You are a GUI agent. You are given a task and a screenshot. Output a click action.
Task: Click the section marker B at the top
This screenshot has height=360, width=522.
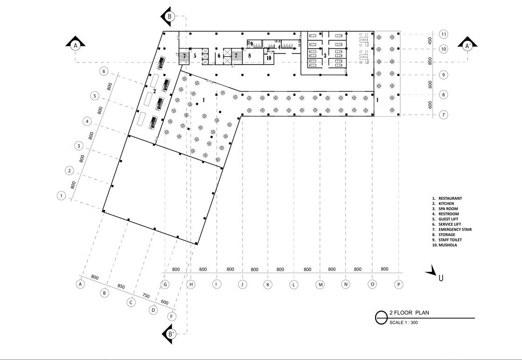pos(169,17)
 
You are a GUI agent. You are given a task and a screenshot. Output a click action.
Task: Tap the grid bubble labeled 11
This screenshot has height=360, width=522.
pos(444,34)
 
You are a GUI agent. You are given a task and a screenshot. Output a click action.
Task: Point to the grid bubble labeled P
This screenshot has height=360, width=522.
pos(398,284)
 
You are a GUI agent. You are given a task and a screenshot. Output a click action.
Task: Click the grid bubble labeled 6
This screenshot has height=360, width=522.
pos(104,71)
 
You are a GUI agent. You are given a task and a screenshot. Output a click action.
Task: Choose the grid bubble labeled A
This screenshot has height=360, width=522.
pos(81,284)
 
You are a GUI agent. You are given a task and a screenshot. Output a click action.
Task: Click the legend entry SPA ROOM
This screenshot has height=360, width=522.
pos(448,209)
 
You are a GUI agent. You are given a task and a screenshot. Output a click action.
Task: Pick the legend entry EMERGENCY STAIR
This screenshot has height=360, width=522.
pos(455,229)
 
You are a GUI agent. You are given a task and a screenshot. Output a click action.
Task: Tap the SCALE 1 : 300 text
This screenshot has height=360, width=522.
pos(404,322)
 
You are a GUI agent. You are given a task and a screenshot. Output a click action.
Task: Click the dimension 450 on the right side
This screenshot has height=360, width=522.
pos(431,41)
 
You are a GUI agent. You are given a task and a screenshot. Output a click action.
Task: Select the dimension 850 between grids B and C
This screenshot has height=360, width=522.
pos(121,286)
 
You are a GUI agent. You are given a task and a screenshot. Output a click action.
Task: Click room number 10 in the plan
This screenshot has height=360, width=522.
pos(268,58)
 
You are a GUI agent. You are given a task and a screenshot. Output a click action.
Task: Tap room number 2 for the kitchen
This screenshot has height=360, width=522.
pos(154,91)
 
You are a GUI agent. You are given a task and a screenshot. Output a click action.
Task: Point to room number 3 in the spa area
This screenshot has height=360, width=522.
pos(325,55)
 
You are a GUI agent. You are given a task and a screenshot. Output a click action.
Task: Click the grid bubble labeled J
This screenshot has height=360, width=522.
pos(242,284)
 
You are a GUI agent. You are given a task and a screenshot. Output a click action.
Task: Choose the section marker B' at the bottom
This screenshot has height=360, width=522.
pos(170,334)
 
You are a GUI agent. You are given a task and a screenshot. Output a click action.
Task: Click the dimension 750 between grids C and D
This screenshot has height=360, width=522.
pos(146,296)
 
